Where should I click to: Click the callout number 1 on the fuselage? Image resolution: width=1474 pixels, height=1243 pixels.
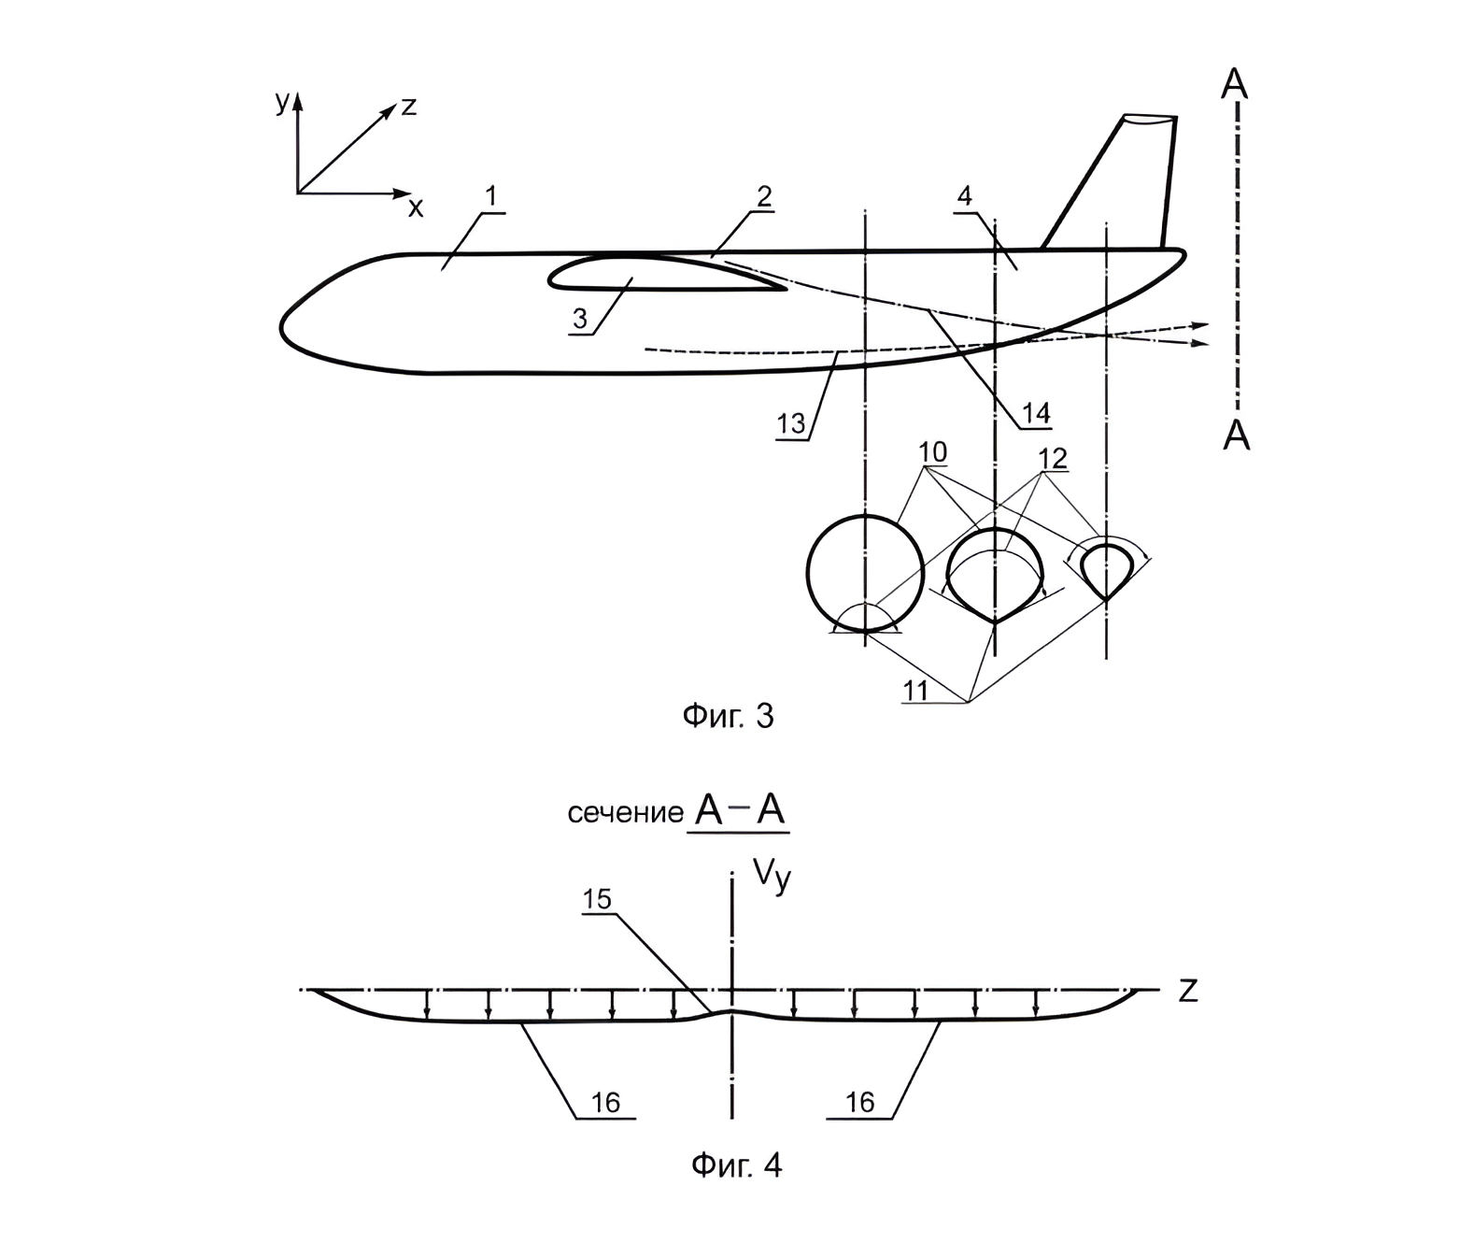click(491, 198)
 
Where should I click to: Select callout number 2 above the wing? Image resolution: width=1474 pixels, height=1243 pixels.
click(764, 196)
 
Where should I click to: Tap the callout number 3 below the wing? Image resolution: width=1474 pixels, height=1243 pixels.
click(579, 320)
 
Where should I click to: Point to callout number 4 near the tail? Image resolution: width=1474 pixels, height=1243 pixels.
click(964, 195)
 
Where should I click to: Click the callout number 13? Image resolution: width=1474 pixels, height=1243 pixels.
click(790, 423)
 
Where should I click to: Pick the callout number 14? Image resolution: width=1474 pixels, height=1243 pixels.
click(1036, 413)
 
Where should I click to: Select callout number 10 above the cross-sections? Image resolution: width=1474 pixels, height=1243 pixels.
click(932, 452)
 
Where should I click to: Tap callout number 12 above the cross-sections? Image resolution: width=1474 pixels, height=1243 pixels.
click(1052, 458)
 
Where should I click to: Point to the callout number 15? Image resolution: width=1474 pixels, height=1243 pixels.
click(597, 899)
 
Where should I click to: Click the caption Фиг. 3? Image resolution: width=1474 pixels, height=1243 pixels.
click(728, 716)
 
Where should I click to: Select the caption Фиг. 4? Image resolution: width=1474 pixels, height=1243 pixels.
click(736, 1165)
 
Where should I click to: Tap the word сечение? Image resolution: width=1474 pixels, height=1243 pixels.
click(626, 814)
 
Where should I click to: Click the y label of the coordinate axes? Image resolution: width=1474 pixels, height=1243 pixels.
click(282, 104)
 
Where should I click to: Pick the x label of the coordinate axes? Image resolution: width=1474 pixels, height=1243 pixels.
click(416, 207)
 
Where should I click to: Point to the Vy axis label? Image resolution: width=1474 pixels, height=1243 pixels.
click(772, 878)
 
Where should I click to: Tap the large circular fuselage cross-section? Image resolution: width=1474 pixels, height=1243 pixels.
click(865, 574)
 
